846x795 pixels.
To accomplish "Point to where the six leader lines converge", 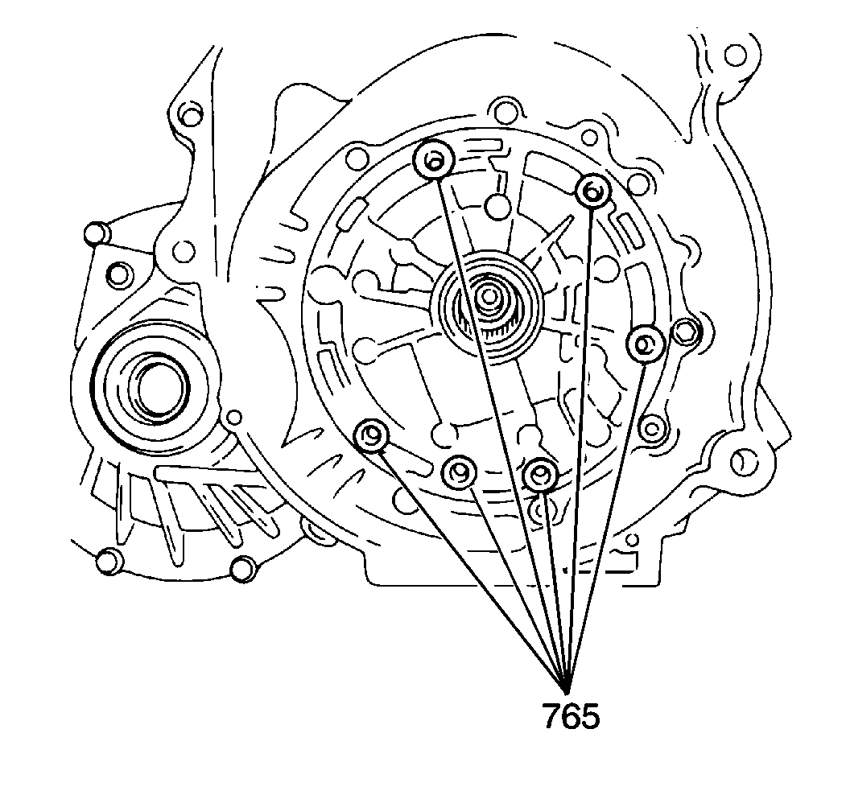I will click(568, 691).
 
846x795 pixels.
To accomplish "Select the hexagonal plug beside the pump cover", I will click(685, 332).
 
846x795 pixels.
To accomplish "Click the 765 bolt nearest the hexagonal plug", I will click(645, 344).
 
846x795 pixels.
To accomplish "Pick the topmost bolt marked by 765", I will click(433, 162).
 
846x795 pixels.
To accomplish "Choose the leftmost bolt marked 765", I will click(371, 435).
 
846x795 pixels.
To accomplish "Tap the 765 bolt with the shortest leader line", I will click(540, 476).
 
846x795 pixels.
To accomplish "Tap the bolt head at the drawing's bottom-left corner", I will click(106, 561).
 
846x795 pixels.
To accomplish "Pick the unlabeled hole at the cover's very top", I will click(506, 109).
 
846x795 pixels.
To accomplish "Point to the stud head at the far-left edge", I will click(97, 233).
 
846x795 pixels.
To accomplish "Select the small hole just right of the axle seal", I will click(234, 417).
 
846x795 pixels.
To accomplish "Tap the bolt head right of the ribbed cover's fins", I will click(241, 569).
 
